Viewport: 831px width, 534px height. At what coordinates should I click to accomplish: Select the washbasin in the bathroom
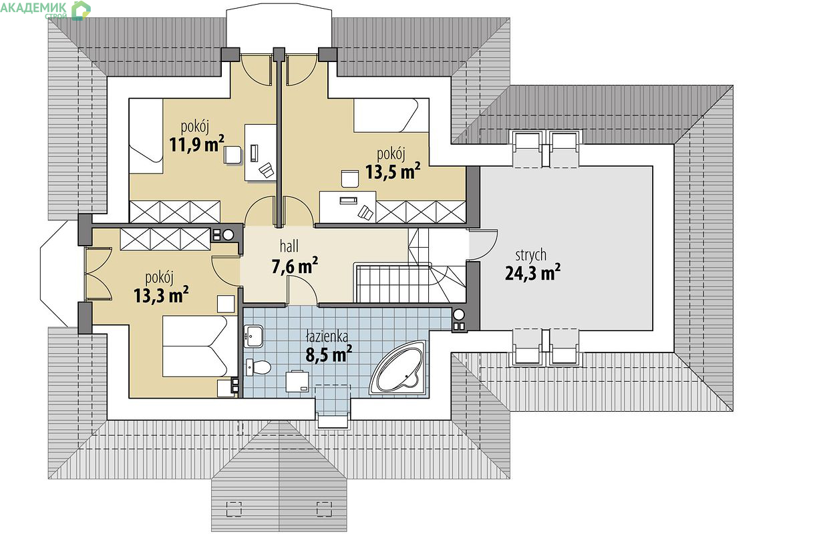coord(254,336)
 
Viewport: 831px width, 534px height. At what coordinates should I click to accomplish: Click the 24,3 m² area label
coord(532,273)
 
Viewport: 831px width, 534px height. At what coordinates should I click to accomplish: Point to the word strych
coord(531,255)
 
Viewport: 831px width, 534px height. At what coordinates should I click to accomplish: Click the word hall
coord(289,246)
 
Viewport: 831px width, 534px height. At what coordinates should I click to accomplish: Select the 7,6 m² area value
coord(295,266)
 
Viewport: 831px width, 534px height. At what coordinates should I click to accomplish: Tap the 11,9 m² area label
coord(196,144)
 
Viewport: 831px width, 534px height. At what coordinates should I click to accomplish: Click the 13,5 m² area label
coord(393,171)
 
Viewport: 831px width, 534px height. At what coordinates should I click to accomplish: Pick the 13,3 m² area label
coord(161,295)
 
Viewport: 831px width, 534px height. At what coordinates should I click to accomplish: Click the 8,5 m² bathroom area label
coord(329,354)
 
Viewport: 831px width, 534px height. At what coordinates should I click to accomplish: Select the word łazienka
coord(327,336)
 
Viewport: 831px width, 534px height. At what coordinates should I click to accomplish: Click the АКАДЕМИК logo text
coord(33,7)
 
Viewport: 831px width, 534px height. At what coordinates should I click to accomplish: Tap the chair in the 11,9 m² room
coord(232,156)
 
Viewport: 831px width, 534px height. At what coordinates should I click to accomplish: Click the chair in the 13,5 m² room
coord(350,179)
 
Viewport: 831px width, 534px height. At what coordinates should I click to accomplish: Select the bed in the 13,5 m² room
coord(391,115)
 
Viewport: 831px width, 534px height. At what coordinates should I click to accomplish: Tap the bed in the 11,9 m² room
coord(146,136)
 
